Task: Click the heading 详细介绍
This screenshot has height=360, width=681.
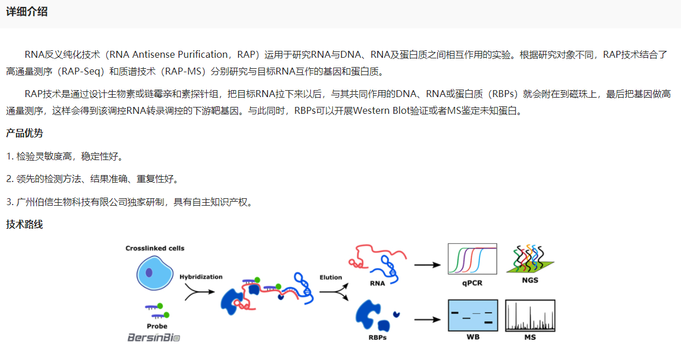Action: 27,12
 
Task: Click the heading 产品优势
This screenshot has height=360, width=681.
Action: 24,133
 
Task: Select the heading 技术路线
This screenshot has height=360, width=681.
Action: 24,225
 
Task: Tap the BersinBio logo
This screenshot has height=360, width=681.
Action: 154,337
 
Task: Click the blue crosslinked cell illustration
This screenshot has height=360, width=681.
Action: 155,273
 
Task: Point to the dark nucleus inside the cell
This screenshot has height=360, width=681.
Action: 149,273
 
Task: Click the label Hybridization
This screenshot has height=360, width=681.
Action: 200,277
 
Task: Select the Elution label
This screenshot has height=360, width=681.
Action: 330,277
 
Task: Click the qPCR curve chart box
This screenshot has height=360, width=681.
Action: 472,259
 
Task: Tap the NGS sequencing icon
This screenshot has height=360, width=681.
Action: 530,259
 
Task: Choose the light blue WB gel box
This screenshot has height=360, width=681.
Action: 473,316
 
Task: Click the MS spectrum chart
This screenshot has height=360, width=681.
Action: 530,316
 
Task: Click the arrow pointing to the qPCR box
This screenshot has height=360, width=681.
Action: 427,265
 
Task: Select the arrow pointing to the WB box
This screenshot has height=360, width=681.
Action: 427,320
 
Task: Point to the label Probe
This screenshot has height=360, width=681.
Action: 157,326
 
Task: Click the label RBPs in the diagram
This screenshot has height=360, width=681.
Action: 377,337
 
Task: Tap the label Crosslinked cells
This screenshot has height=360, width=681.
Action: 155,248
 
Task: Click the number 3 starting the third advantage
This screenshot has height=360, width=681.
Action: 8,202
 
